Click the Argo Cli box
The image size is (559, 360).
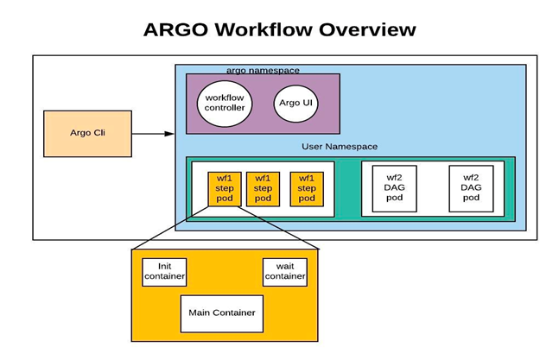[87, 133]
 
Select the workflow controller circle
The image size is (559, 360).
[225, 103]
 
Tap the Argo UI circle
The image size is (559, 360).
[295, 103]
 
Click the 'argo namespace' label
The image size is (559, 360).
[263, 69]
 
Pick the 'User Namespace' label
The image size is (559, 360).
[340, 147]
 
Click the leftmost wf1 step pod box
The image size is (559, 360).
[223, 188]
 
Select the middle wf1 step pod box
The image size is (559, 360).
[263, 188]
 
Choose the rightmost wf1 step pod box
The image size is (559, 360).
[306, 188]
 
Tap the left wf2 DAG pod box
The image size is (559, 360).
[394, 188]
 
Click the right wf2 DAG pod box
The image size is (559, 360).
[471, 188]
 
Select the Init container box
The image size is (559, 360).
[164, 271]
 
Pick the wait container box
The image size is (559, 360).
[285, 271]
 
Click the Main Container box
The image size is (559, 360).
[222, 313]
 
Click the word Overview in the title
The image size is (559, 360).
[368, 29]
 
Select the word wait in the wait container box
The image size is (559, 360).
[285, 265]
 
